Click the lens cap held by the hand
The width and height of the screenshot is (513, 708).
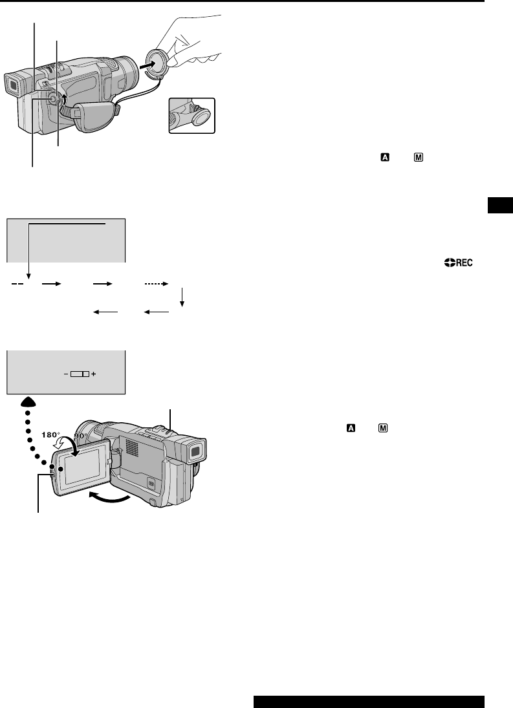(155, 64)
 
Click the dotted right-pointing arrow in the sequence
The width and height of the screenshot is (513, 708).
(154, 283)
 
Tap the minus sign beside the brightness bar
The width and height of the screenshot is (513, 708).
(66, 374)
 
